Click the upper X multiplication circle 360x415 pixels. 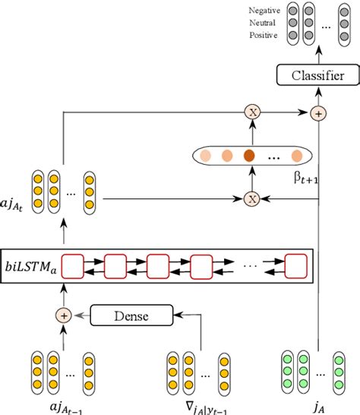(x=251, y=112)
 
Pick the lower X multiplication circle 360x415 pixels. (x=251, y=199)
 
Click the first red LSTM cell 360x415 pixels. (x=73, y=267)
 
